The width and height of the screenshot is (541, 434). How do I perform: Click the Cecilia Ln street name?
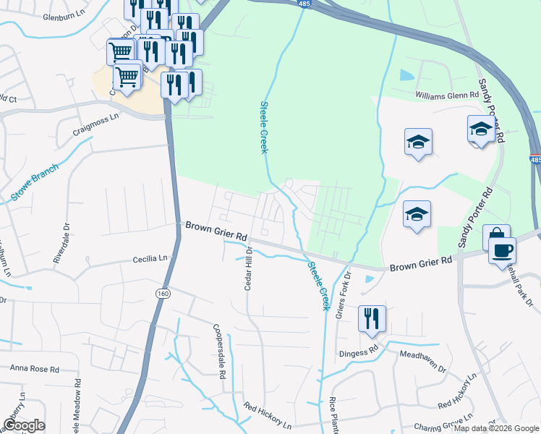[150, 258]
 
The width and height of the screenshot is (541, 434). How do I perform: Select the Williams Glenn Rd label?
[447, 95]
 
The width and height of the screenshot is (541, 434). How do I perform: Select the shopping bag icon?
[496, 237]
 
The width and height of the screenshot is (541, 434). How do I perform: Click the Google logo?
[24, 425]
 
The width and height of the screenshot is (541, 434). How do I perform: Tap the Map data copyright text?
[497, 428]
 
